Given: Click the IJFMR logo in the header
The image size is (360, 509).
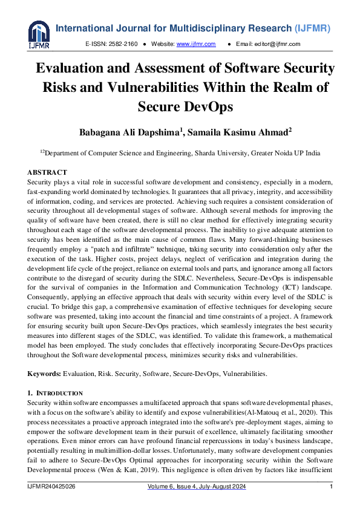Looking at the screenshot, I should (39, 34).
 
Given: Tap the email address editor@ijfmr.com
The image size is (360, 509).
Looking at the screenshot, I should (278, 44).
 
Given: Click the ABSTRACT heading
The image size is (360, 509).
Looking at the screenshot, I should (48, 173).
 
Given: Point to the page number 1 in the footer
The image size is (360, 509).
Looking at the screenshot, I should (331, 487).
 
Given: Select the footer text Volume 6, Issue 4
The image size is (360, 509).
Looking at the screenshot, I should (172, 487).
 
